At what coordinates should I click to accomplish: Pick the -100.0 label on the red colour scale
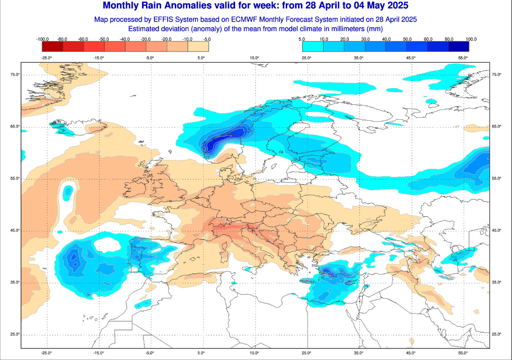pos(43,39)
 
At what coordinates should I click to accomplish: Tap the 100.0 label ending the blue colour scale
pos(471,39)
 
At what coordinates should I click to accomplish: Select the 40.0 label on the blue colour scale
pos(387,39)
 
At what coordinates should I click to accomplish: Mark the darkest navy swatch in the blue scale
pos(458,47)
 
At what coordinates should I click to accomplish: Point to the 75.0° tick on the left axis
pos(15,74)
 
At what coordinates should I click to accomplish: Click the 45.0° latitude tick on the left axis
pos(15,230)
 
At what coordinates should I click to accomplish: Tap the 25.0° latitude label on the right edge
pos(496,334)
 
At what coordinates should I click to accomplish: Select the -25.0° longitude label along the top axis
pos(47,58)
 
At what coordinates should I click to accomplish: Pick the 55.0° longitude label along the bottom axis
pos(463,353)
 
